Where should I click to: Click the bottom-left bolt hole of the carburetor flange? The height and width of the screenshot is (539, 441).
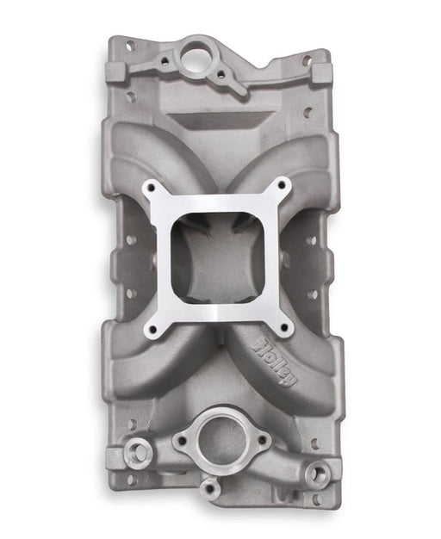pyautogui.click(x=153, y=329)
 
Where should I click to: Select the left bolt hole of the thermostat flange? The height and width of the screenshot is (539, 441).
pyautogui.click(x=181, y=442)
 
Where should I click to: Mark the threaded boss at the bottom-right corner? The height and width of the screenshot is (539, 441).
pyautogui.click(x=318, y=473)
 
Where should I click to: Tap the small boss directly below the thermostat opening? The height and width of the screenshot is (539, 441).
pyautogui.click(x=209, y=488)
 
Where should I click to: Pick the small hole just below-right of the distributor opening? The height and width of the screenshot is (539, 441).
pyautogui.click(x=220, y=75)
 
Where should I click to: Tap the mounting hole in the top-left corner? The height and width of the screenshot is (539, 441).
pyautogui.click(x=130, y=46)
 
